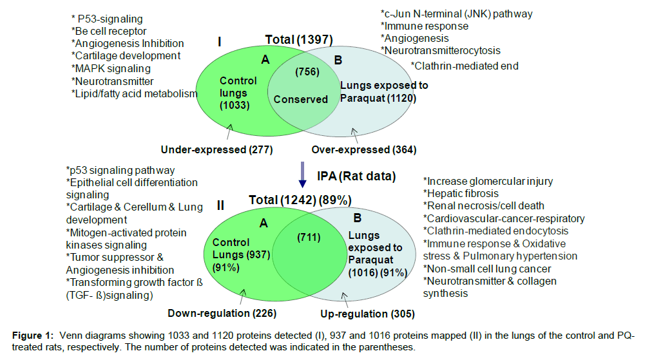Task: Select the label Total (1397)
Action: (x=298, y=39)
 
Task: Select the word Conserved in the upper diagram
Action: (x=300, y=99)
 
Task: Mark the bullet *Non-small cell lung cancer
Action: (x=487, y=269)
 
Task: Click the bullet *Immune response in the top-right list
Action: (x=424, y=26)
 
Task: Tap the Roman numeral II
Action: (x=220, y=205)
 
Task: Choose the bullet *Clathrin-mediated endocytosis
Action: (x=495, y=231)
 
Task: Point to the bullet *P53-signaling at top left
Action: (x=106, y=19)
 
